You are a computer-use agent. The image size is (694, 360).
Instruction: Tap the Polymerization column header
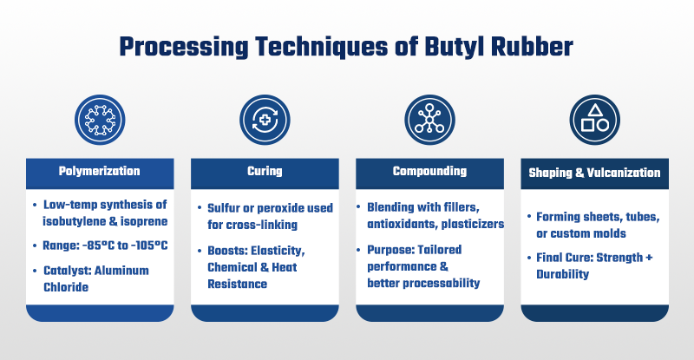pos(100,171)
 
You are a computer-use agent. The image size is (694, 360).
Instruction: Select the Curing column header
pos(265,171)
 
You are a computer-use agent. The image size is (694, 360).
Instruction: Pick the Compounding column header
pos(429,171)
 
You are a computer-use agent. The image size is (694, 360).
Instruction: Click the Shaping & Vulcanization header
pos(594,173)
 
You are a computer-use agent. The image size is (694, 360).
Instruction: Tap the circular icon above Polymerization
pos(100,120)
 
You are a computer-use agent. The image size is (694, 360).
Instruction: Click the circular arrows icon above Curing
pos(265,120)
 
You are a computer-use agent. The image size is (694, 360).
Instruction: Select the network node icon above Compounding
pos(429,120)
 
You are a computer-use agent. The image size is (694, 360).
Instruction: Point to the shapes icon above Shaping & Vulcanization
pos(595,120)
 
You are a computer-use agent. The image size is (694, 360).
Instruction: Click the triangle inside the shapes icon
pos(595,110)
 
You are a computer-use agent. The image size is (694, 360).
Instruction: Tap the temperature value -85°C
pos(98,245)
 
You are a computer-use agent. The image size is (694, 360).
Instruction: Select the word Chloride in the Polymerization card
pos(66,287)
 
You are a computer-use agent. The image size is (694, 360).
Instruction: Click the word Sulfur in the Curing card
pos(224,208)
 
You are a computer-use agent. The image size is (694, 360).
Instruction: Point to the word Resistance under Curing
pos(237,284)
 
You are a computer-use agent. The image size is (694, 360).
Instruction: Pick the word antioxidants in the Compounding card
pos(402,224)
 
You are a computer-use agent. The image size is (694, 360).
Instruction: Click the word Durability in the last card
pos(562,274)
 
